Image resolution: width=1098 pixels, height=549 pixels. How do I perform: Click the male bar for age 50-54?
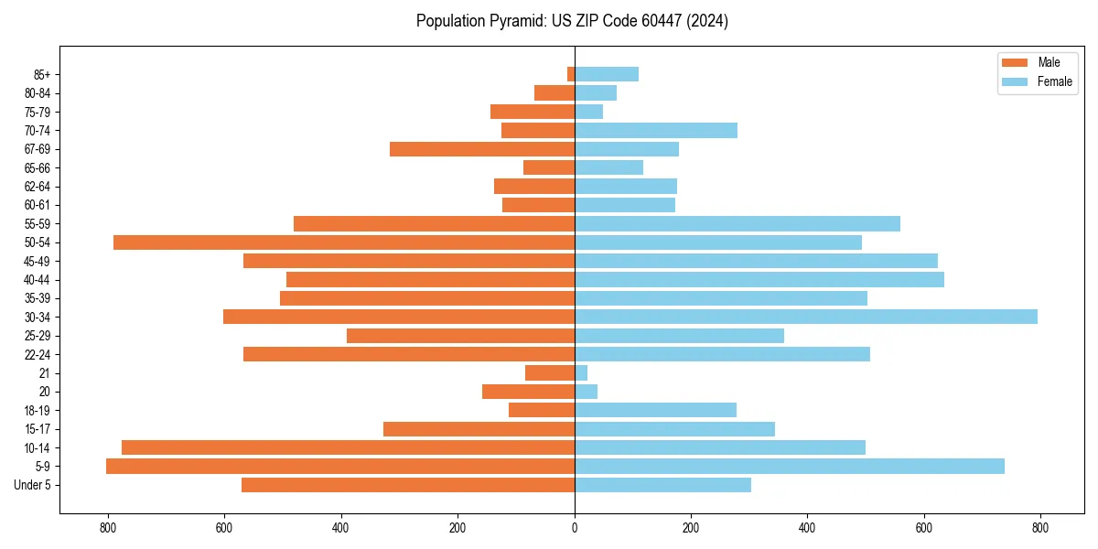coord(344,242)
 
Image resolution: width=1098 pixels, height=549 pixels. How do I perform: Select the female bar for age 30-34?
coord(806,317)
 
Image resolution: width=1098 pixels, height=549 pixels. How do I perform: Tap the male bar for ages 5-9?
coord(340,466)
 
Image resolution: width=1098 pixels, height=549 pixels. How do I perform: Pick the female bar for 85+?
coord(607,74)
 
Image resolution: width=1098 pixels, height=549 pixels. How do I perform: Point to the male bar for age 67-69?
coord(482,149)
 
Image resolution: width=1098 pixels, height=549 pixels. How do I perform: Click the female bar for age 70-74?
coord(656,130)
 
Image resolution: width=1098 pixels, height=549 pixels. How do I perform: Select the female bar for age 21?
coord(581,372)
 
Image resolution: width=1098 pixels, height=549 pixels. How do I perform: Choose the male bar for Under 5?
coord(408,485)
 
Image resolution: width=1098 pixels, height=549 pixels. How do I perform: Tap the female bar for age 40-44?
coord(759,279)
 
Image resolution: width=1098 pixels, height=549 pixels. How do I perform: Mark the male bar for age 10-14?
coord(348,447)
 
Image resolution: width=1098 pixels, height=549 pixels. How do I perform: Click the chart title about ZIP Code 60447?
coord(572,21)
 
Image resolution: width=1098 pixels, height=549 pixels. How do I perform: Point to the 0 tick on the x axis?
coord(575,527)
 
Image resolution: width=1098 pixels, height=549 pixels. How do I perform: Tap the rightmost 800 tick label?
coord(1040,527)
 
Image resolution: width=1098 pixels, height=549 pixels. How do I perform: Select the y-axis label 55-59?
coord(38,223)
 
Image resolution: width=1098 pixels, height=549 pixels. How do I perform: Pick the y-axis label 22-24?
coord(38,354)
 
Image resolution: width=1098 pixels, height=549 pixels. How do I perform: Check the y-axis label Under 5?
coord(33,485)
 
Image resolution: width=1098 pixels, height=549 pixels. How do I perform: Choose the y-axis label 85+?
coord(42,74)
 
